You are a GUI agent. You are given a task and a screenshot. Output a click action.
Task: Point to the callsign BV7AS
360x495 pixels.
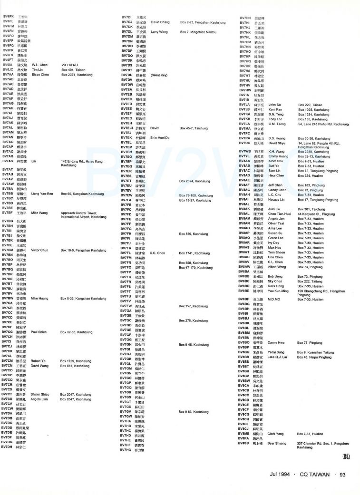point(7,161)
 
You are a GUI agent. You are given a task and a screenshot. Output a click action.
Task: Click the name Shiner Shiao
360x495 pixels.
point(39,394)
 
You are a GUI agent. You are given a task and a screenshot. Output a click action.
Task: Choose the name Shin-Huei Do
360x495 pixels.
point(160,137)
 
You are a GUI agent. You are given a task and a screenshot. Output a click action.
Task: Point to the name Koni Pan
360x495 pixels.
point(275,109)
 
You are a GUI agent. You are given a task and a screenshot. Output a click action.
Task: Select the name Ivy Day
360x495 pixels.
point(273,243)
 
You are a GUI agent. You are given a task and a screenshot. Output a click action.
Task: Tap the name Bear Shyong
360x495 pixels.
point(277,443)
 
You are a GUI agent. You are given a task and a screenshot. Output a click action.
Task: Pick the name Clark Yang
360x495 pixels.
point(276,434)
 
